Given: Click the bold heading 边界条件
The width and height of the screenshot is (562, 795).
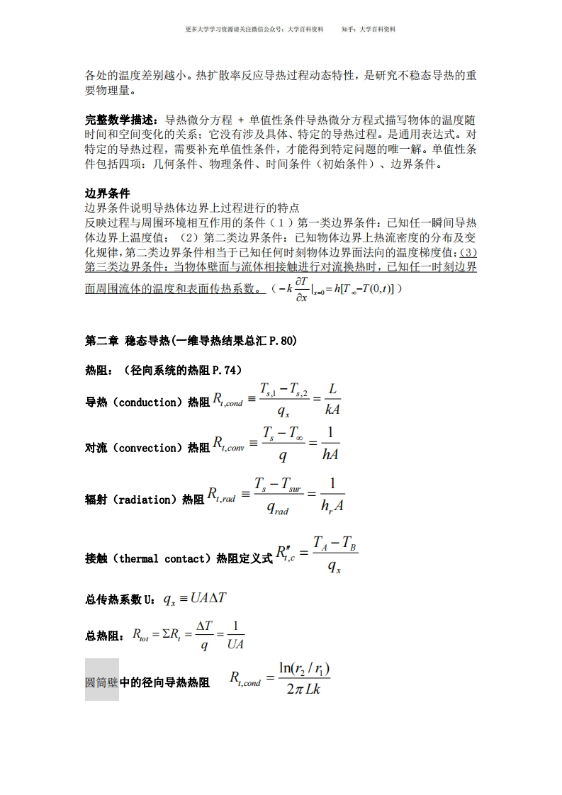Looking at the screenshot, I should click(x=108, y=193).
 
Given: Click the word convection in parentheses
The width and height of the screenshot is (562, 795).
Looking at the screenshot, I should click(x=147, y=448).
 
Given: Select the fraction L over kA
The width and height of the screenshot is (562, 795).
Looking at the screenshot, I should click(x=331, y=400).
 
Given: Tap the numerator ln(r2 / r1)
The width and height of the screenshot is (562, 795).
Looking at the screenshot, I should click(x=304, y=668).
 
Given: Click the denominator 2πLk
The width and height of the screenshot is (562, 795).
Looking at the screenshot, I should click(x=304, y=689).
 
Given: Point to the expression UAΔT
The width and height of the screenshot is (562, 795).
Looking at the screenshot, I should click(x=208, y=598).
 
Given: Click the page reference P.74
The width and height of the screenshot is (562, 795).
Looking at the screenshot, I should click(x=226, y=370).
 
